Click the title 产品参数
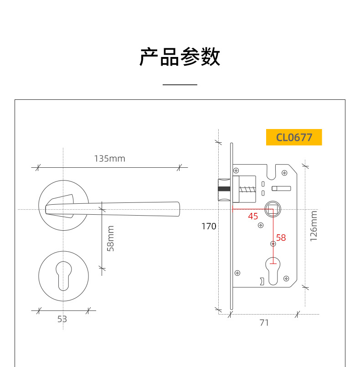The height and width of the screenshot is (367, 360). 180,57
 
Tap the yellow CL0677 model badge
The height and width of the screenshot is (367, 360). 294,137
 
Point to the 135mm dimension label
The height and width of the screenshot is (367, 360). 109,159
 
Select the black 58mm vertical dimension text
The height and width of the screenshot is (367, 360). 111,238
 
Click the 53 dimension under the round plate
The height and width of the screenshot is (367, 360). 62,319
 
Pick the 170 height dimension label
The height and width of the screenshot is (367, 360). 209,226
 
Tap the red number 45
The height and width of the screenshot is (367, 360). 253,216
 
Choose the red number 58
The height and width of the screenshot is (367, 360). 281,238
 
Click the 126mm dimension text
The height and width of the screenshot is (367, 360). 314,227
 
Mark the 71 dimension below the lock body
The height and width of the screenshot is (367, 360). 264,323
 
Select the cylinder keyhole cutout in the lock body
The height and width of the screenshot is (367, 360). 273,270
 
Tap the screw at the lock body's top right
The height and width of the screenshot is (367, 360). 285,172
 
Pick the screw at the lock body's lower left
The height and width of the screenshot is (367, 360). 237,273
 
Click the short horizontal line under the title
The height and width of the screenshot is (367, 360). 180,85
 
